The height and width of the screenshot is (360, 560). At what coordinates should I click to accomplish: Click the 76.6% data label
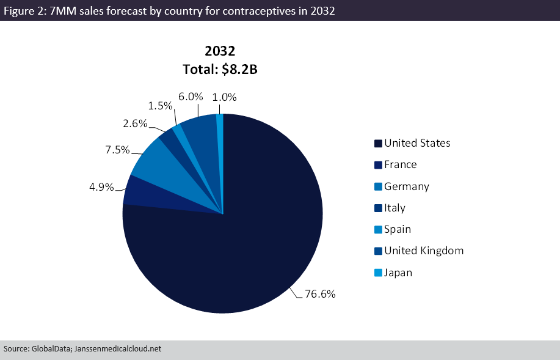[320, 294]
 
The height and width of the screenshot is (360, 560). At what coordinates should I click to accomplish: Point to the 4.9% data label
[101, 187]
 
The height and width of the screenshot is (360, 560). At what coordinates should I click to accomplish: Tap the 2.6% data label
[135, 123]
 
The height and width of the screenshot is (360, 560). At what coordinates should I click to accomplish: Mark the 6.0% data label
[191, 97]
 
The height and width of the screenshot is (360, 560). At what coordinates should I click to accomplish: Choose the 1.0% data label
[224, 97]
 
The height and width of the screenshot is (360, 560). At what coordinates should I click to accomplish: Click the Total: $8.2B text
[220, 70]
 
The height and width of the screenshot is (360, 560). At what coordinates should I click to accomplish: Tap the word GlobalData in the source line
[48, 349]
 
